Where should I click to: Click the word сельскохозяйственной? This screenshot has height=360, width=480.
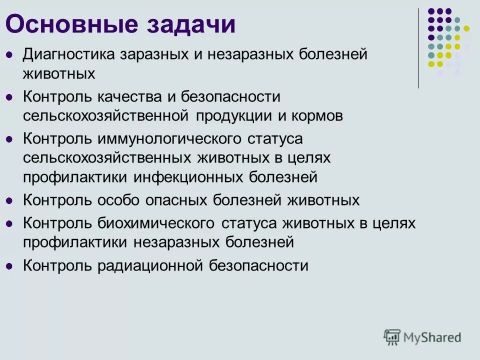[x=105, y=115]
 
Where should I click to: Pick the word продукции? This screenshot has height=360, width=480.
[x=233, y=115]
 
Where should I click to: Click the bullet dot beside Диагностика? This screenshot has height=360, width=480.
[x=8, y=54]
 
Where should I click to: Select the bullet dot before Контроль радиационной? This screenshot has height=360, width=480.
[x=8, y=266]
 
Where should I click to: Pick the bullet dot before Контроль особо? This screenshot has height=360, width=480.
[x=8, y=201]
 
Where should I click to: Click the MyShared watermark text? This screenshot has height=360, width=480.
[x=432, y=337]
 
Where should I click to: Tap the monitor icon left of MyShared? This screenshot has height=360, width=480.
[x=392, y=337]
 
